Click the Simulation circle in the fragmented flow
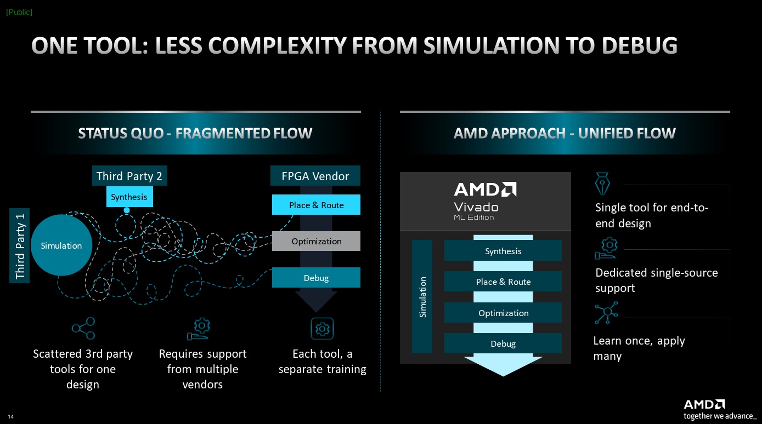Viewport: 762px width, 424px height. [x=61, y=245]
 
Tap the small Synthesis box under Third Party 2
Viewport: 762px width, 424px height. [x=129, y=197]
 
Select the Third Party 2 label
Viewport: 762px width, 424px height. [x=129, y=176]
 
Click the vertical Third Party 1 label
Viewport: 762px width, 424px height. [x=20, y=245]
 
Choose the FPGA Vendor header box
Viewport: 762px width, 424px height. [x=315, y=176]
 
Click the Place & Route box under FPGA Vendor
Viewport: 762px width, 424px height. [x=316, y=205]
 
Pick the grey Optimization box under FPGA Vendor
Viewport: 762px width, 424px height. [x=316, y=241]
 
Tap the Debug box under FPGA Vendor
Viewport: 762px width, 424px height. [x=316, y=278]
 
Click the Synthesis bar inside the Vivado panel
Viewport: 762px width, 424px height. [x=503, y=251]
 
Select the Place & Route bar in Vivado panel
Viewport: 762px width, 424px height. [x=503, y=282]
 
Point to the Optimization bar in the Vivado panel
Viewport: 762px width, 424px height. [x=503, y=313]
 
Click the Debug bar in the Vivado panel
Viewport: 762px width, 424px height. [x=503, y=343]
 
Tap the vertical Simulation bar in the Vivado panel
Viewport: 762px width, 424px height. [x=422, y=296]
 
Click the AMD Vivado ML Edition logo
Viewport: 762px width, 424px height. [x=485, y=200]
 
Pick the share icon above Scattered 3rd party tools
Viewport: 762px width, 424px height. [x=83, y=328]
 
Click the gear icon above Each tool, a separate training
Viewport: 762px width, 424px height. [x=322, y=329]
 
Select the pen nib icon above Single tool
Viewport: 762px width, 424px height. [x=602, y=184]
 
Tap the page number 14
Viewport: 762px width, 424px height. [x=10, y=417]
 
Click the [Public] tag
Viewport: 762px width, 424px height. [x=19, y=12]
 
